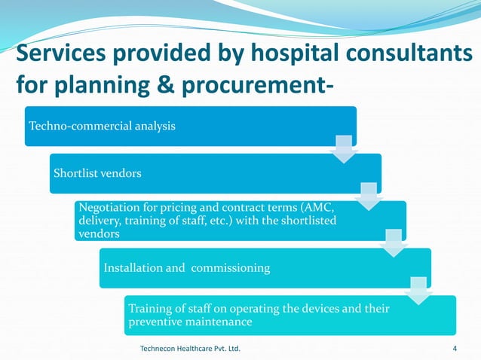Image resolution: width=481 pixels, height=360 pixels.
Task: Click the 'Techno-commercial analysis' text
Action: tap(102, 126)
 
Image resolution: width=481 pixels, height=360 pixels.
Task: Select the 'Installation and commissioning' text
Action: tap(186, 267)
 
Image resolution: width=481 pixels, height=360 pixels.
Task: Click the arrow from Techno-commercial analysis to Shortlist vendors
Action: tap(343, 148)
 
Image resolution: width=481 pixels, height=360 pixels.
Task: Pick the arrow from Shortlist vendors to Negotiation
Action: tap(368, 196)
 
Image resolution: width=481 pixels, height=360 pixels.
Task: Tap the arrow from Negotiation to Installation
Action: tap(393, 243)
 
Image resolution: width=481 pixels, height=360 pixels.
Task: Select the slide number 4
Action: tap(455, 349)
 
